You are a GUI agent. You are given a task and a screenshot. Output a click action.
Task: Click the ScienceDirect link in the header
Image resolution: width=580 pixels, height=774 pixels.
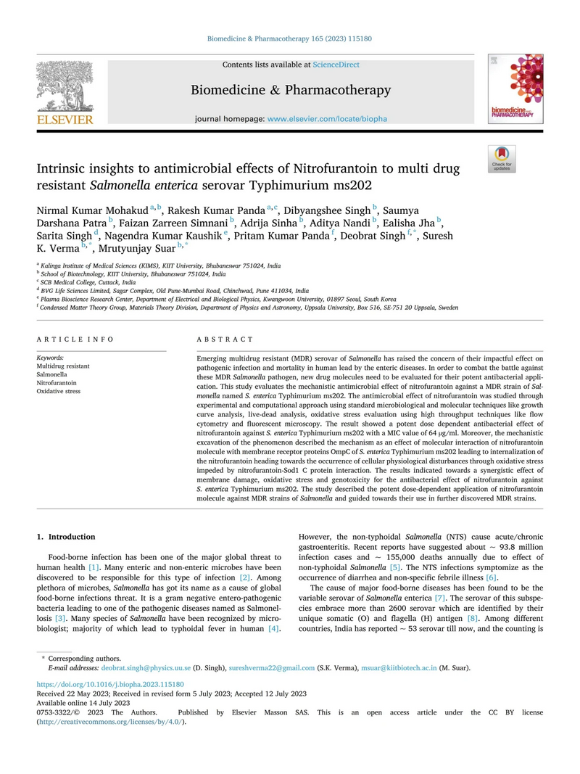336,65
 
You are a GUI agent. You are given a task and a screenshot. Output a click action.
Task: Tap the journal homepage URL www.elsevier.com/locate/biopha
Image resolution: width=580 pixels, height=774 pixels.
327,118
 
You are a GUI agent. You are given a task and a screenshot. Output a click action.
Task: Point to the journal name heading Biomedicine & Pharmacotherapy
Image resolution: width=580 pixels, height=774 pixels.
291,90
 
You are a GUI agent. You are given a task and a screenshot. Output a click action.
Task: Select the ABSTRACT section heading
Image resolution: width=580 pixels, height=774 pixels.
225,339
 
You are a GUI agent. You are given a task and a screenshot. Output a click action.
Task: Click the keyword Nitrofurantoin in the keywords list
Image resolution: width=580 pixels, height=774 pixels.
57,382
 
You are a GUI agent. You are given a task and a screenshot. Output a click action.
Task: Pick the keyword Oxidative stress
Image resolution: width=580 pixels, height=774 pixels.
59,391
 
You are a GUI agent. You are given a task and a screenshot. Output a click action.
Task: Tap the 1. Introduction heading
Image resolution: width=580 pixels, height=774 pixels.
66,537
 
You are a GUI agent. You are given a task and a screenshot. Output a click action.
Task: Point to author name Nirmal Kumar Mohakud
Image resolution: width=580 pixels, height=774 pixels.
92,210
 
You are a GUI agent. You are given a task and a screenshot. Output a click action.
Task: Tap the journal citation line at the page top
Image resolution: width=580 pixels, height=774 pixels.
290,41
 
